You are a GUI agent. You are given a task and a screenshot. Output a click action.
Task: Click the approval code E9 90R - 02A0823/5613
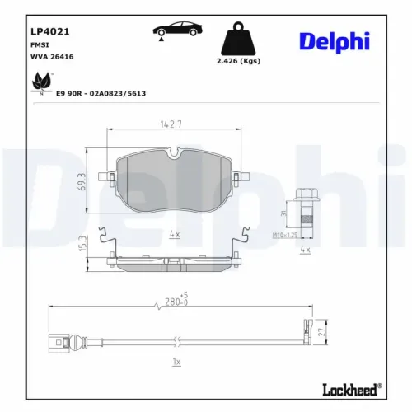point(101,93)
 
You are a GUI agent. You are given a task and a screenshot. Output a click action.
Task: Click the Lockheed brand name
point(358,388)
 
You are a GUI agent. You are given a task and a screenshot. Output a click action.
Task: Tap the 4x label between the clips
point(174,235)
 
